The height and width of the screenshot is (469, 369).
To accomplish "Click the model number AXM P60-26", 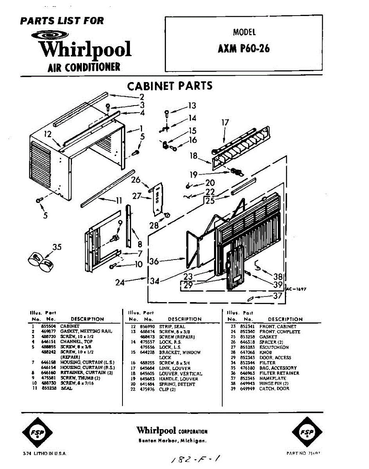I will (243, 49).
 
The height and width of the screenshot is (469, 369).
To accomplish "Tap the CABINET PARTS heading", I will (170, 86).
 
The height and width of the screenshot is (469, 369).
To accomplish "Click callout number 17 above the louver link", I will (225, 123).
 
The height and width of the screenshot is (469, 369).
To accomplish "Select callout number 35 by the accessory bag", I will (57, 247).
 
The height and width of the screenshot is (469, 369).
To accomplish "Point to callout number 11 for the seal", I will (119, 201).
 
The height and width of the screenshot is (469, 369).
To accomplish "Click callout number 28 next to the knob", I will (154, 226).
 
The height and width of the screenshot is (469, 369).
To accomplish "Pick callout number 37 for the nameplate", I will (277, 296).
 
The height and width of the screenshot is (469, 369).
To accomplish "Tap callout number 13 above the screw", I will (192, 106).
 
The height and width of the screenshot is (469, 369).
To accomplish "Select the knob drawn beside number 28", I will (167, 215).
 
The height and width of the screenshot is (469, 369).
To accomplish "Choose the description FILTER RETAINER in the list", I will (279, 373).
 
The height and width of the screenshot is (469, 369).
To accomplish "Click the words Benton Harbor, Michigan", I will (172, 441).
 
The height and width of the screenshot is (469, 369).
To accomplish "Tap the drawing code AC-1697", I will (296, 289).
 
